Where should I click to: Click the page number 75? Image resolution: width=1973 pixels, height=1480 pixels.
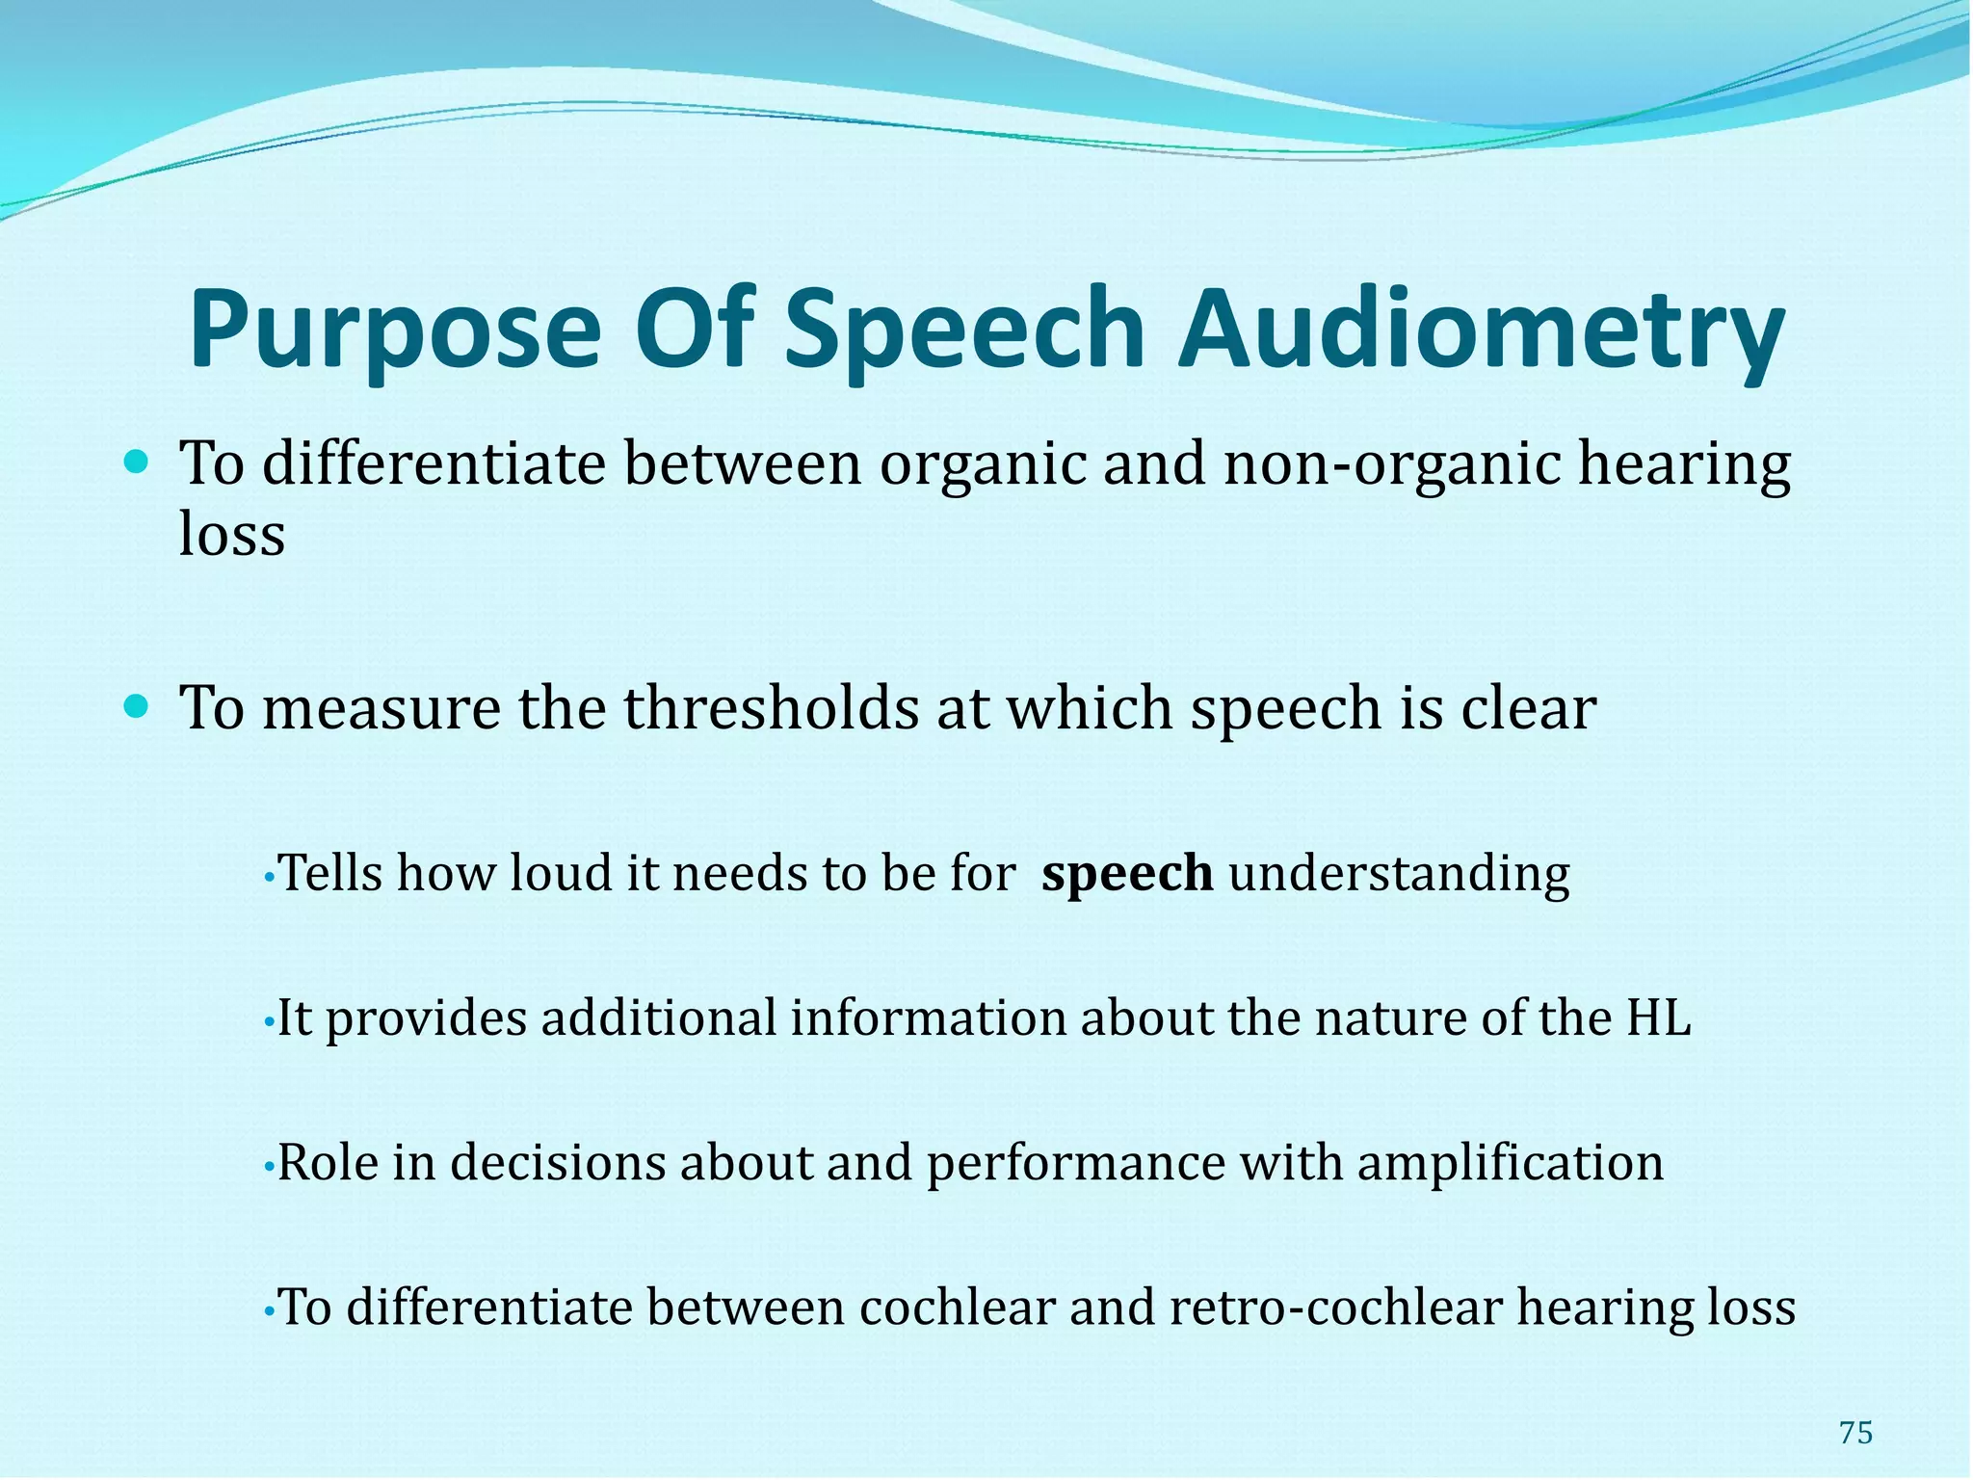click(x=1855, y=1433)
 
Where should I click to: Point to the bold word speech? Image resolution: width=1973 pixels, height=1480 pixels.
click(x=1127, y=873)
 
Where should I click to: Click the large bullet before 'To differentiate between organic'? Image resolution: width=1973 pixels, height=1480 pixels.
click(x=138, y=463)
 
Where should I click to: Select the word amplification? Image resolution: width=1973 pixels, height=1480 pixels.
click(x=1510, y=1162)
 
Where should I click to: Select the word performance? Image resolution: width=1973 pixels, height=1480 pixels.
click(x=1075, y=1162)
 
